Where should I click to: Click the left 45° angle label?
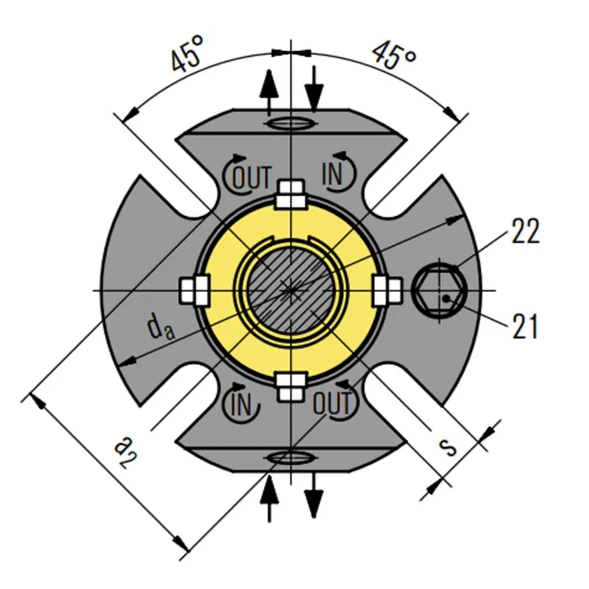(x=188, y=54)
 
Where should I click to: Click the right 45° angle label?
(x=395, y=54)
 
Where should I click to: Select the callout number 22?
(x=525, y=231)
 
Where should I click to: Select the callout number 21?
(x=525, y=327)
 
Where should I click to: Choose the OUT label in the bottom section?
(x=332, y=404)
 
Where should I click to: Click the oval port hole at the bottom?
(x=290, y=457)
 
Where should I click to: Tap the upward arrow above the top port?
(x=269, y=91)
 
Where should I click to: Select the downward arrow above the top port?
(x=315, y=88)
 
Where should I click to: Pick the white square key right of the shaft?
(x=388, y=290)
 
